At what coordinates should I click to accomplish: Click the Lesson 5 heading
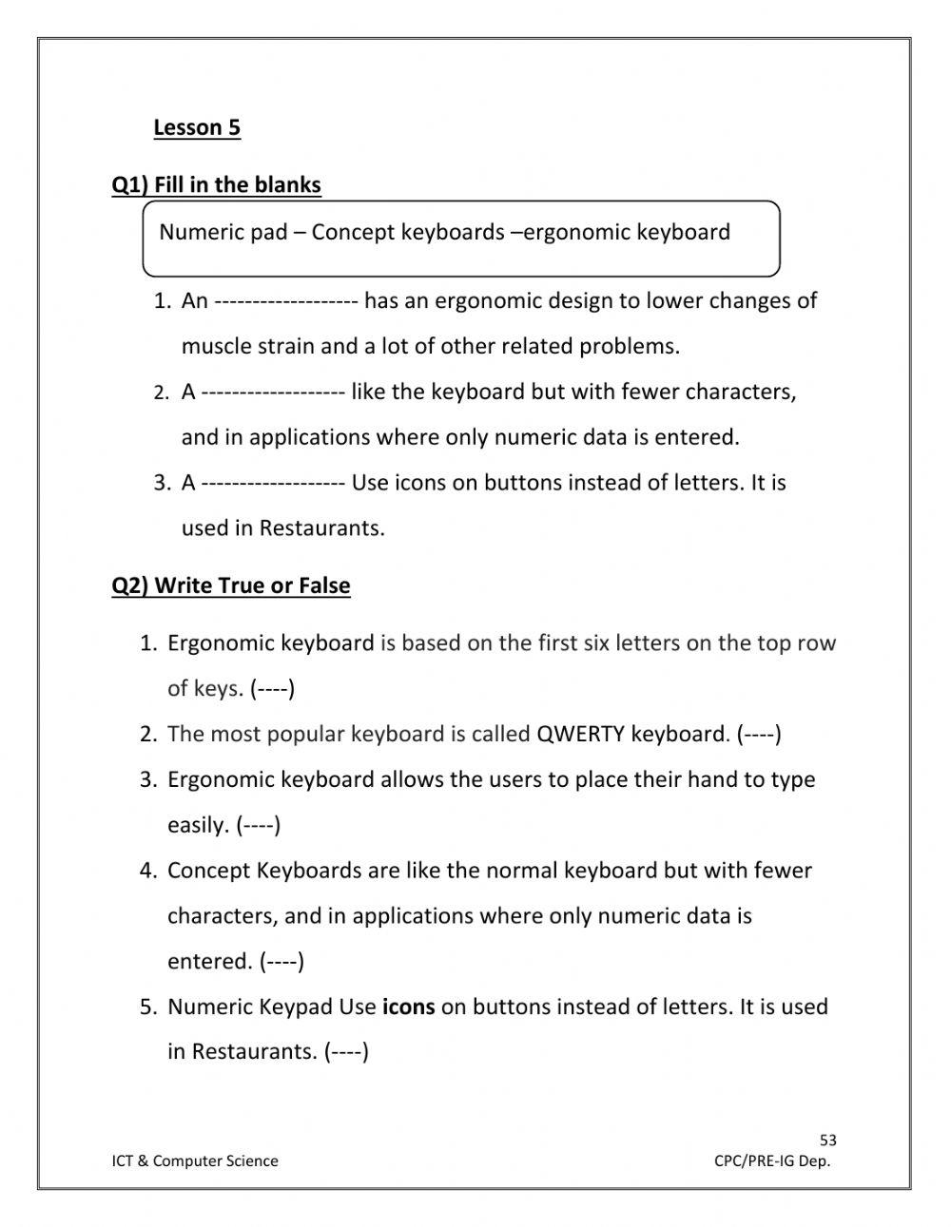point(197,127)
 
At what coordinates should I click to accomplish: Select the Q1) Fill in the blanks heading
point(217,184)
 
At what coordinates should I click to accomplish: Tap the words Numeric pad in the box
point(223,232)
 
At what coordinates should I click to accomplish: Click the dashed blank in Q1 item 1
point(285,301)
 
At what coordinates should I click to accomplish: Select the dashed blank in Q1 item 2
point(273,392)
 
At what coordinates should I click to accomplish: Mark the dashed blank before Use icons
point(273,483)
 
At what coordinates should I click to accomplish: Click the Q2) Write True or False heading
point(231,585)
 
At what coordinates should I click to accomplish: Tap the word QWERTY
point(580,734)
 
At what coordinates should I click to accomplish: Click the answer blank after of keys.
point(273,688)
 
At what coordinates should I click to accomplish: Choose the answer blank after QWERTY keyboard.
point(759,734)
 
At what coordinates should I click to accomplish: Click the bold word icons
point(408,1007)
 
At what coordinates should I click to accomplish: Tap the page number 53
point(828,1141)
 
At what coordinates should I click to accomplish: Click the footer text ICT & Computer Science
point(195,1160)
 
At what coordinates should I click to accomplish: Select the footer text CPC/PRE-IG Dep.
point(772,1160)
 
